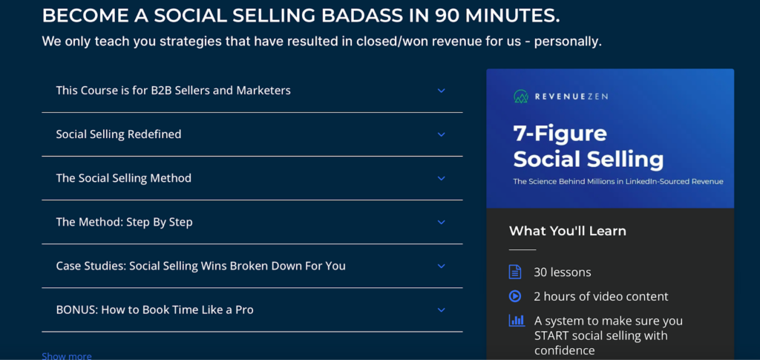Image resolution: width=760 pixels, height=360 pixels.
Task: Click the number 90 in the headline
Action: [448, 16]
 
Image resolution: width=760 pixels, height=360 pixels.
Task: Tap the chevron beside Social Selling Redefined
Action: [441, 134]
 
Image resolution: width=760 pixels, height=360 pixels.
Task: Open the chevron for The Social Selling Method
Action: [441, 178]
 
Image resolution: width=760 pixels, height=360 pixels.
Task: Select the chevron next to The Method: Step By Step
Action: [441, 223]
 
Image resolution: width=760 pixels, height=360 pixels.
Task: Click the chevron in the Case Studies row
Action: [441, 266]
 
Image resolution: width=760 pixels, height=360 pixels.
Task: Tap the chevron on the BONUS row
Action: [441, 310]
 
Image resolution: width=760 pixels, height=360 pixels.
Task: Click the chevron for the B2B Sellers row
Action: [441, 91]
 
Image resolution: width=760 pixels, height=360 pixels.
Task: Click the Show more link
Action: [66, 356]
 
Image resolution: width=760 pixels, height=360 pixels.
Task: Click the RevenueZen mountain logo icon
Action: [521, 96]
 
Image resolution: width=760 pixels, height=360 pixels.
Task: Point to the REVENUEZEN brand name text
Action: [571, 96]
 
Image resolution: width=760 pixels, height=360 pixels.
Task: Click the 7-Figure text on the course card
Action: [560, 134]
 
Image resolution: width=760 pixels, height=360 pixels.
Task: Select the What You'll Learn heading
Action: [568, 231]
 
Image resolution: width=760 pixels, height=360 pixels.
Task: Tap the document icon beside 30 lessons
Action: [515, 272]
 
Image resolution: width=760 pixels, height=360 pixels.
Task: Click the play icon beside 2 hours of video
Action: [515, 296]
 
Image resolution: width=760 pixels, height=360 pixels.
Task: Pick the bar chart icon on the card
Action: [517, 320]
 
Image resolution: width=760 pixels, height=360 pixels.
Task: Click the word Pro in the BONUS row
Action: [243, 310]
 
